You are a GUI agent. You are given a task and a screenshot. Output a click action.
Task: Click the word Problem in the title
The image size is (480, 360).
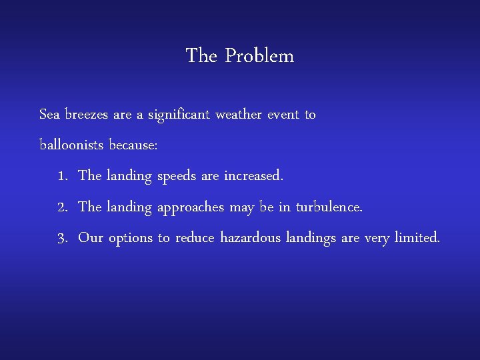[x=259, y=56]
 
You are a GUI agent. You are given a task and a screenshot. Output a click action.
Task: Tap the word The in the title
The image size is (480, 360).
[x=201, y=55]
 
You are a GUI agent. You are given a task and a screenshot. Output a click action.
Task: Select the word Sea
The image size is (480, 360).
[x=50, y=115]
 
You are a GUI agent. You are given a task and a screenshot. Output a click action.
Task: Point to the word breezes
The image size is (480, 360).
[x=87, y=115]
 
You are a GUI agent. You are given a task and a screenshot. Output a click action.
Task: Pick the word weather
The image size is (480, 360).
[x=238, y=115]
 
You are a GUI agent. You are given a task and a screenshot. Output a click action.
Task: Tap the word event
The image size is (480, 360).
[x=283, y=115]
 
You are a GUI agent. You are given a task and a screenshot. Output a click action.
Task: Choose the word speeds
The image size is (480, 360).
[x=177, y=177]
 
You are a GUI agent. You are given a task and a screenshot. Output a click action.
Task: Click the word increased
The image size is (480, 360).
[x=253, y=176]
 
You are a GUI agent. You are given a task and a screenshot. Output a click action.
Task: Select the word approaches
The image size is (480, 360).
[x=191, y=208]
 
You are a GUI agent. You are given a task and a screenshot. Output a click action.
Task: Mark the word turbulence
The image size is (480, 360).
[x=329, y=207]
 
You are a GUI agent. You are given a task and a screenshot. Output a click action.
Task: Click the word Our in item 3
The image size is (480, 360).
[x=91, y=238]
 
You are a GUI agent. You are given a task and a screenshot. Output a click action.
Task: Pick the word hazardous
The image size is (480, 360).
[x=250, y=238]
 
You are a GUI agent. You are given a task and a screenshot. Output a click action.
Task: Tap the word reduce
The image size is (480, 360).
[x=195, y=238]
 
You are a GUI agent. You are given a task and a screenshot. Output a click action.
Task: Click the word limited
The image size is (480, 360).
[x=417, y=238]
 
